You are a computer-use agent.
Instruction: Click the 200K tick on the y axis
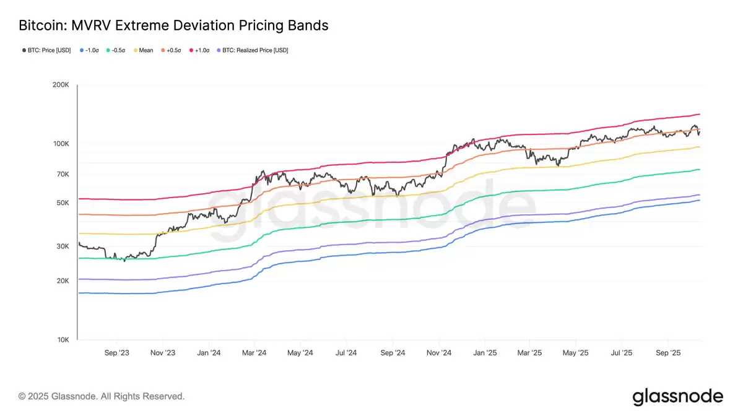click(61, 85)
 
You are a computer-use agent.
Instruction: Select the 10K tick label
click(63, 340)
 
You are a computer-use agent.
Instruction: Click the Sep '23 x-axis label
click(117, 352)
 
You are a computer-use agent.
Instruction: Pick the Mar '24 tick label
click(254, 352)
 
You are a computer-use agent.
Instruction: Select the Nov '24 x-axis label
click(438, 352)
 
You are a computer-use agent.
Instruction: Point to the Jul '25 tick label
click(622, 352)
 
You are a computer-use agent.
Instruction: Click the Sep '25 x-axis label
click(668, 352)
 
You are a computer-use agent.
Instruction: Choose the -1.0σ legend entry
click(91, 50)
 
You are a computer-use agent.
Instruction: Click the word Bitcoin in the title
click(41, 26)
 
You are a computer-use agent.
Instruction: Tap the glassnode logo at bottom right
click(677, 396)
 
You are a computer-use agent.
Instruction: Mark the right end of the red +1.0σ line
click(700, 114)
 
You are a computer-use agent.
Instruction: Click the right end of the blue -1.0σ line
click(700, 200)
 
